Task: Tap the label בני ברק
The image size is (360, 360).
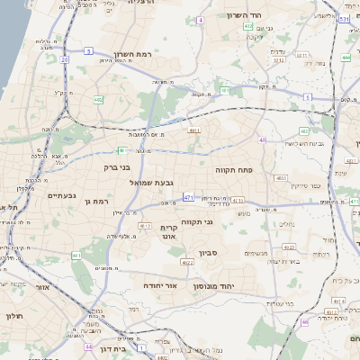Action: point(119,166)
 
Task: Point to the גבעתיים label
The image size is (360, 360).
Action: point(61,195)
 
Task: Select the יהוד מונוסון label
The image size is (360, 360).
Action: point(213,285)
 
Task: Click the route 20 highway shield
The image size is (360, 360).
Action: point(65,60)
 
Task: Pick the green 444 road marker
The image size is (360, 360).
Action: point(346,58)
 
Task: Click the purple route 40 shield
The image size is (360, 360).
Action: point(263,139)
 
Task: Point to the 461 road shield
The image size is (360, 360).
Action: point(76,256)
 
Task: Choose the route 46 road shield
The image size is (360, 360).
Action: point(305,321)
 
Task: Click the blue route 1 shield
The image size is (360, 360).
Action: point(140,346)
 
